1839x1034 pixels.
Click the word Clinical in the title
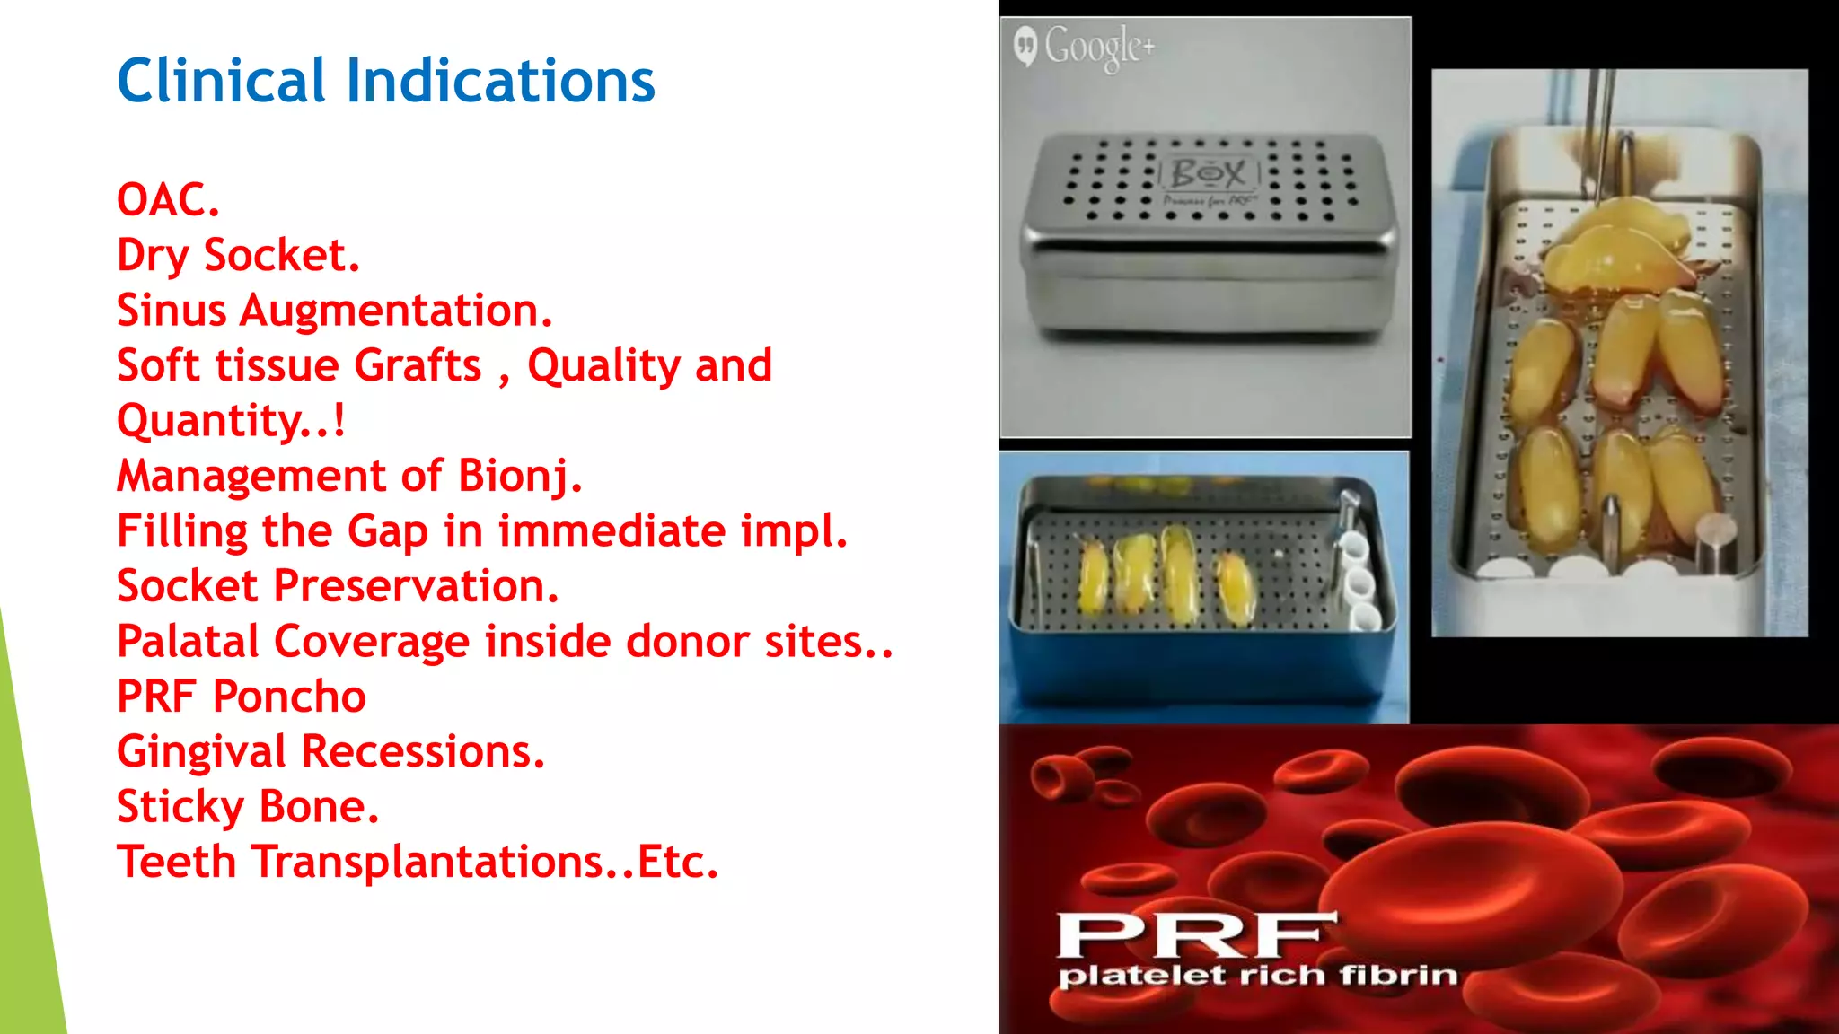pyautogui.click(x=221, y=81)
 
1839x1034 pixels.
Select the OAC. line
pyautogui.click(x=168, y=199)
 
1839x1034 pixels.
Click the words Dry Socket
pyautogui.click(x=238, y=255)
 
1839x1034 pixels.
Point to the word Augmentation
pyautogui.click(x=395, y=311)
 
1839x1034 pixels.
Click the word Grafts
pyautogui.click(x=418, y=365)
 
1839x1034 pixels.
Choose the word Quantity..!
pyautogui.click(x=231, y=420)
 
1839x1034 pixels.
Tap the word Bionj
pyautogui.click(x=520, y=476)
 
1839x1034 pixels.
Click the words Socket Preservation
pyautogui.click(x=338, y=586)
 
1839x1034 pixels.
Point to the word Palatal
pyautogui.click(x=189, y=642)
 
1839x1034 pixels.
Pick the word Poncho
pyautogui.click(x=289, y=697)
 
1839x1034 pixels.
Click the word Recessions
pyautogui.click(x=423, y=751)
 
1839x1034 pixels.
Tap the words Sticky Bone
pyautogui.click(x=248, y=807)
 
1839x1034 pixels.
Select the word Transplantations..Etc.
pyautogui.click(x=485, y=862)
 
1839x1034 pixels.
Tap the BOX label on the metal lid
pyautogui.click(x=1209, y=172)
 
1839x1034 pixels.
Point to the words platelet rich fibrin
pyautogui.click(x=1257, y=976)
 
